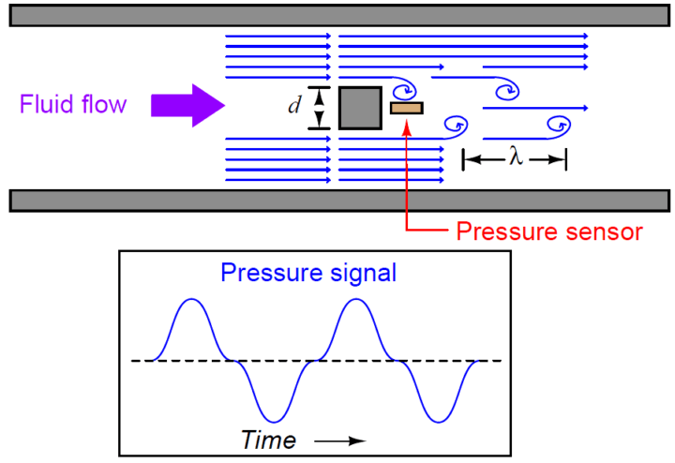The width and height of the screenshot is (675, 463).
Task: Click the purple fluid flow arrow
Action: (187, 105)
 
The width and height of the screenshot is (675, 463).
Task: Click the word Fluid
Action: (42, 104)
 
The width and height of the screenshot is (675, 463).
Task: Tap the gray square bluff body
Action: (360, 108)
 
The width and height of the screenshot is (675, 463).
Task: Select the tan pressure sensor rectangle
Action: (407, 108)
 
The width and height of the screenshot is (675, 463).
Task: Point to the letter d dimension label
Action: (294, 105)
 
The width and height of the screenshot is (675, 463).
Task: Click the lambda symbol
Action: (517, 157)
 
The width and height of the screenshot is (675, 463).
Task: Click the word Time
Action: (268, 440)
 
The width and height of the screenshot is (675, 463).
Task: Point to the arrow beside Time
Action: (340, 441)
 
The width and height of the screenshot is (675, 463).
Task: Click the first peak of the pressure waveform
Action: (191, 299)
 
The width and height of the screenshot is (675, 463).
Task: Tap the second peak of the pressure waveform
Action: (356, 299)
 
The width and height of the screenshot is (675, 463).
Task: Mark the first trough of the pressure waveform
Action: (274, 422)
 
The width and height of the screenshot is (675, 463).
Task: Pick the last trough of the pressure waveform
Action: (438, 422)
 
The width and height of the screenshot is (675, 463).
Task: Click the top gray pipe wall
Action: (339, 16)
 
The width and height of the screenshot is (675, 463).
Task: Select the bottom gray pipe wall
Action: (339, 201)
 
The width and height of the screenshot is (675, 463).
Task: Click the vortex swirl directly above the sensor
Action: (406, 89)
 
